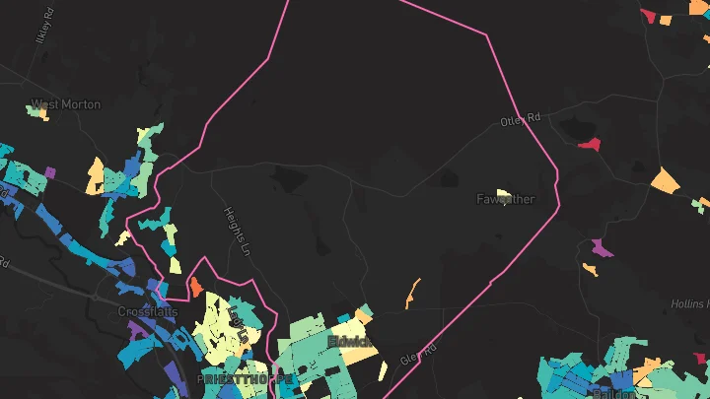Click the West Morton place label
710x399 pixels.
click(x=66, y=104)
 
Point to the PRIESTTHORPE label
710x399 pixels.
click(x=245, y=379)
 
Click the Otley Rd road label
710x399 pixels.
click(x=522, y=120)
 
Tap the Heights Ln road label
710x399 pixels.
click(x=234, y=231)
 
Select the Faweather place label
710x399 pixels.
click(x=506, y=200)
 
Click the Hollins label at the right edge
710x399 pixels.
click(x=691, y=304)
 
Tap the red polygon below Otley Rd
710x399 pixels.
click(x=590, y=144)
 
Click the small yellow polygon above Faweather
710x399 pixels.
click(x=503, y=192)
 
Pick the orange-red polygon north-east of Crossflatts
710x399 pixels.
click(x=195, y=287)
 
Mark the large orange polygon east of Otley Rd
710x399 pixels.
click(x=666, y=181)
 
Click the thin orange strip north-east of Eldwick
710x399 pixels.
click(x=413, y=293)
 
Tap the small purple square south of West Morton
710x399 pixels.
click(x=50, y=172)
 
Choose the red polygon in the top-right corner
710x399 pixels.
click(x=648, y=15)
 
